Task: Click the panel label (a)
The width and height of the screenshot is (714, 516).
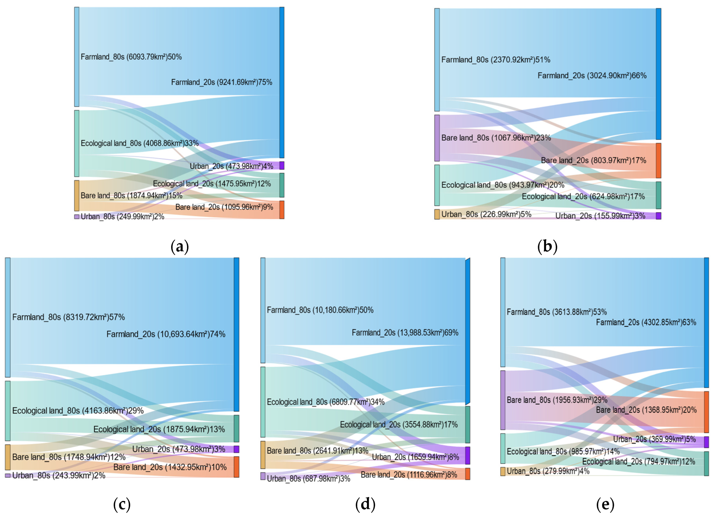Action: click(x=179, y=246)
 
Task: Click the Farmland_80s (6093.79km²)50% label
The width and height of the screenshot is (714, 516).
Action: click(x=131, y=57)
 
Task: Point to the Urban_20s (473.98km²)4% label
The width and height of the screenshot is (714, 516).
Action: click(x=231, y=166)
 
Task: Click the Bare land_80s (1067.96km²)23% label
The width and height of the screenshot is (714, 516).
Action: click(x=496, y=138)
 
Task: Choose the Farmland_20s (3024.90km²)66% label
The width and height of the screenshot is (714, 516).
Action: click(x=592, y=76)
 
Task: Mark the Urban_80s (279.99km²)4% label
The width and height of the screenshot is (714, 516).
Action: click(x=548, y=471)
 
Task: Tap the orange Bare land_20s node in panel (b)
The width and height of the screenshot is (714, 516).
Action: click(x=658, y=161)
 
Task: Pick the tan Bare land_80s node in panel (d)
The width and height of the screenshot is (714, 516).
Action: click(x=263, y=455)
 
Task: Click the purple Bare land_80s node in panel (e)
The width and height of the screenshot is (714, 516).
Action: click(x=503, y=400)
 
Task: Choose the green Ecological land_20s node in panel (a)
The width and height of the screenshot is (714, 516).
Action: click(x=282, y=185)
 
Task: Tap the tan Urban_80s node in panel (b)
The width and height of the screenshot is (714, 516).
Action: click(x=437, y=214)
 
